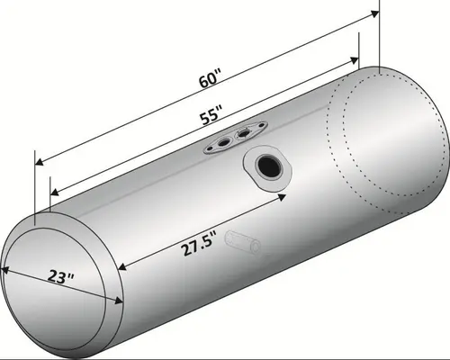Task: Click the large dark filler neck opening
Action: (x=267, y=166)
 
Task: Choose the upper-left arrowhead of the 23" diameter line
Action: (x=4, y=266)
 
